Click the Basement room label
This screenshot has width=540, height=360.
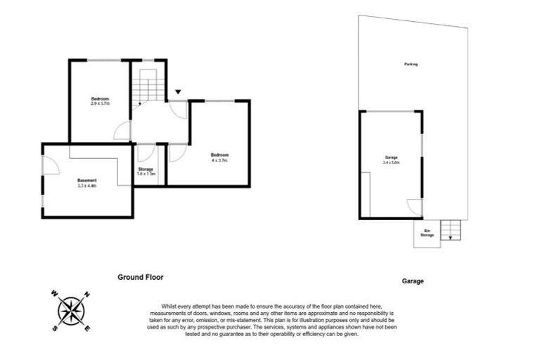87,181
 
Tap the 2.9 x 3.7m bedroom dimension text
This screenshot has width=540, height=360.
101,103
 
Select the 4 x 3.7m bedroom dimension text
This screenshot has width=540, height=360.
219,160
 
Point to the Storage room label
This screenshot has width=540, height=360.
146,169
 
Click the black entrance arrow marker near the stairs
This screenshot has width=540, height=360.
178,91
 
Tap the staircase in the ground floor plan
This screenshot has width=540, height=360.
148,88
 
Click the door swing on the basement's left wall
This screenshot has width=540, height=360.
50,164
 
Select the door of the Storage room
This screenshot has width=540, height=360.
147,152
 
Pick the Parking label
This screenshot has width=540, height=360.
411,64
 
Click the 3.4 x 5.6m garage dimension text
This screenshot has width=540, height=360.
391,162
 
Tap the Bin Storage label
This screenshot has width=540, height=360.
426,233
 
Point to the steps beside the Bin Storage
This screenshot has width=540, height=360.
448,229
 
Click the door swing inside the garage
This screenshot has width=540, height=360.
416,207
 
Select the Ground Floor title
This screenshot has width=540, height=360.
140,278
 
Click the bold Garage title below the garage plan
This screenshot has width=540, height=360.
413,281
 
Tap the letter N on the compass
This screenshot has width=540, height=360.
86,294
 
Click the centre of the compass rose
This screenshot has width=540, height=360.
70,310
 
